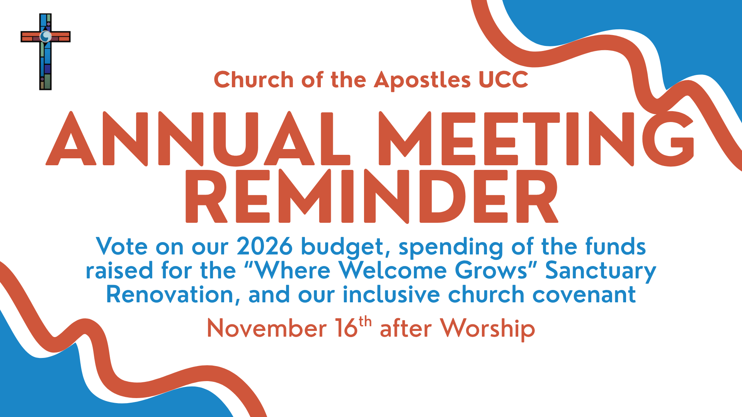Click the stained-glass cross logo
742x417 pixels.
[46, 52]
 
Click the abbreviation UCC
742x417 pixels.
[503, 80]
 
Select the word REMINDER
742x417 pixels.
[372, 196]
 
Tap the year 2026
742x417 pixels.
[264, 246]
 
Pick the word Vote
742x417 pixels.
[122, 246]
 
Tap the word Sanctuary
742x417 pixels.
[601, 272]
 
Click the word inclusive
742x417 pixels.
[391, 294]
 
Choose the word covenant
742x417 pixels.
[584, 295]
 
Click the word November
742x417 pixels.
[267, 329]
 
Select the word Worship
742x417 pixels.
[488, 330]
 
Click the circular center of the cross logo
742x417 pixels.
[46, 37]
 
